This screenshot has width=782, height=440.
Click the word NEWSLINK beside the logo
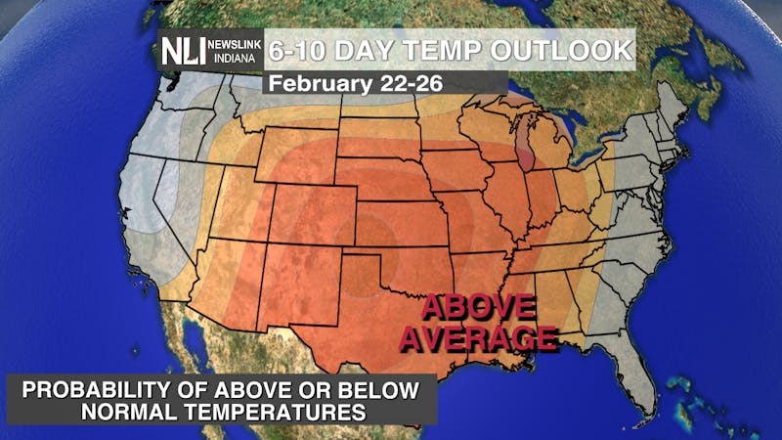point(235,44)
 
